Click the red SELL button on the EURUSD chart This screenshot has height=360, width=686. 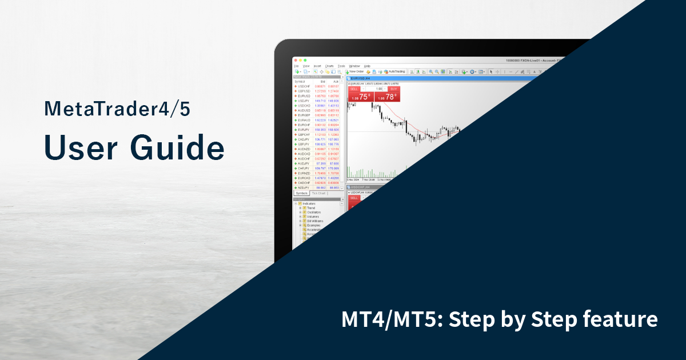[x=353, y=89]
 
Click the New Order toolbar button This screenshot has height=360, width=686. [x=354, y=71]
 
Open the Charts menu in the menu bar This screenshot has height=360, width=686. [x=329, y=66]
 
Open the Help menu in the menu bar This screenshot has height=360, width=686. [x=367, y=66]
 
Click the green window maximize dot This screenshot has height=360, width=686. [x=306, y=60]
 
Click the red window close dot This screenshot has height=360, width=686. [x=296, y=60]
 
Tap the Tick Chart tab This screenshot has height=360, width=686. [x=318, y=193]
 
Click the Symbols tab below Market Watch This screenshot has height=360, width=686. [x=301, y=193]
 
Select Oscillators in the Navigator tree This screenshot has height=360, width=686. [x=314, y=212]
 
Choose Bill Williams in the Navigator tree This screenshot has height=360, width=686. [x=314, y=221]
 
